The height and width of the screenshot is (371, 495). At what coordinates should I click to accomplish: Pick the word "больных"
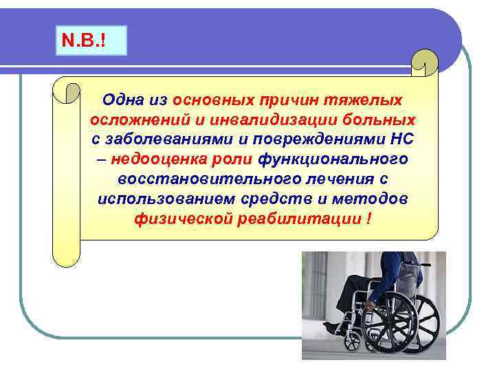[x=380, y=120]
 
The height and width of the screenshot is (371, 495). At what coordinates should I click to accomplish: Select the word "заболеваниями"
[x=159, y=140]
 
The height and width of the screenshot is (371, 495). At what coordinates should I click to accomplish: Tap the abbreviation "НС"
[x=401, y=140]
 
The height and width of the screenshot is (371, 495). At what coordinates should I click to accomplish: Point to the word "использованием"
[x=159, y=200]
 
